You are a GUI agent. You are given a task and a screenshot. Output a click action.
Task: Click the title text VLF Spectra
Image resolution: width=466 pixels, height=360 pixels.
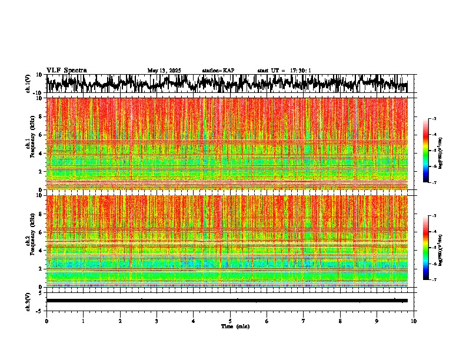click(66, 70)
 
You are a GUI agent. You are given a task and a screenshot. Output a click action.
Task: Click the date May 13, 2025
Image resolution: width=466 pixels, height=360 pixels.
click(164, 71)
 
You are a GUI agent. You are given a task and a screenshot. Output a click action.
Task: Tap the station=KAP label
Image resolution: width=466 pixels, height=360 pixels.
click(218, 71)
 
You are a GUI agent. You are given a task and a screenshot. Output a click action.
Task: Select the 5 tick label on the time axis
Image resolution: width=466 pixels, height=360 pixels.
click(230, 321)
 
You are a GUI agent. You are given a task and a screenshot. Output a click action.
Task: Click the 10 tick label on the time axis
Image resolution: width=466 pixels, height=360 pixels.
click(414, 321)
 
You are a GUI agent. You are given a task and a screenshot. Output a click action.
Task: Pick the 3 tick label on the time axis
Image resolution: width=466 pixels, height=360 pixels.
click(157, 321)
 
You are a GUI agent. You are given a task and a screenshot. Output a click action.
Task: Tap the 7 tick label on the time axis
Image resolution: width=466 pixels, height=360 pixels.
click(304, 321)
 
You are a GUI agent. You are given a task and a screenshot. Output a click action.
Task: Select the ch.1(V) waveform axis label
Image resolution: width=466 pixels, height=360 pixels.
click(28, 84)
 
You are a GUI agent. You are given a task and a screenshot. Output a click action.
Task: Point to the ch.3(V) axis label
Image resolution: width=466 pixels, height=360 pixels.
click(28, 301)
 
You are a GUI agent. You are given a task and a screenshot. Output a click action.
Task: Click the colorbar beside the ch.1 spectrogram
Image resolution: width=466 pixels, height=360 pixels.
click(432, 150)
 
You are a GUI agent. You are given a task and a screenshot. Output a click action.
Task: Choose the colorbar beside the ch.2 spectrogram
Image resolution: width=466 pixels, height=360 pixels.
click(432, 248)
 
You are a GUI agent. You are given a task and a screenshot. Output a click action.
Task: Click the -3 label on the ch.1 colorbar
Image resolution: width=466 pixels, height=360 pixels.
click(438, 119)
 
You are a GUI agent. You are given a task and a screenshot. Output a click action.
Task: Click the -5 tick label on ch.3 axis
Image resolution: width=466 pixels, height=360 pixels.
click(41, 310)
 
